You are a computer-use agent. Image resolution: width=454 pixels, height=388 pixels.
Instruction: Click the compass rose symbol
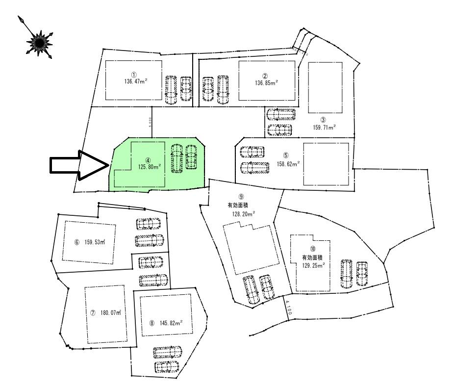coord(38,39)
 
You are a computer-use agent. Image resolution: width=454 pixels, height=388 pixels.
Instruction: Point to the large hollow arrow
coord(79,166)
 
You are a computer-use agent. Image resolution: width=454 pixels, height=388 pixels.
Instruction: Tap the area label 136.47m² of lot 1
coord(134,81)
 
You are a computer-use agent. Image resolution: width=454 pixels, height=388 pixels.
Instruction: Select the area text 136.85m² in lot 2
coord(265,83)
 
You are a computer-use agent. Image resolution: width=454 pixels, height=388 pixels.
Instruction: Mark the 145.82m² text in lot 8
coord(170,324)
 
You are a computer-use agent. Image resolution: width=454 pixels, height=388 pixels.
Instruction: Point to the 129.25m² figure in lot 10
coord(312,265)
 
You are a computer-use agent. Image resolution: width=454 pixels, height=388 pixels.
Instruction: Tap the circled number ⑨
coord(241,197)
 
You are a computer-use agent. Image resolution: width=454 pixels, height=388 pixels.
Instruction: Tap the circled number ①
coord(134,74)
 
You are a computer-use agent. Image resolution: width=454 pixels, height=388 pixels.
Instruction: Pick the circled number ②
coord(265,76)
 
